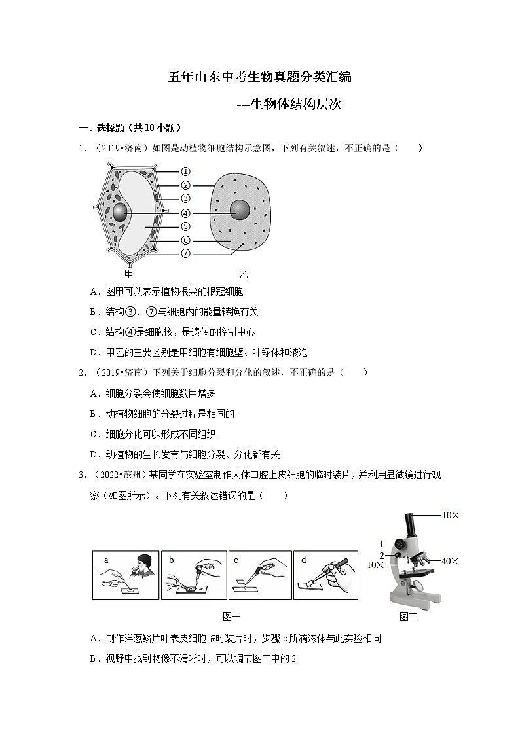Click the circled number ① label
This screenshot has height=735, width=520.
[185, 171]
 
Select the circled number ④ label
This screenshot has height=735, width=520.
[185, 213]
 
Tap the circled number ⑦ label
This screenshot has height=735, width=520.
[185, 253]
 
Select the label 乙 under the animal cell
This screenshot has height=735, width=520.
[243, 274]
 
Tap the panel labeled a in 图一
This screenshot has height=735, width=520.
[126, 574]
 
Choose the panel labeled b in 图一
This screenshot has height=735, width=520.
[193, 574]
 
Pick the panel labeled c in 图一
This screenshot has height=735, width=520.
[259, 574]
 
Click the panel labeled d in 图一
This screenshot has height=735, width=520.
[325, 574]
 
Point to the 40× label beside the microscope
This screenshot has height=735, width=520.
[450, 561]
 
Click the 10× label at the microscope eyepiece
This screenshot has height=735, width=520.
[450, 516]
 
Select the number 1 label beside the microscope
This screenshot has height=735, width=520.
[381, 543]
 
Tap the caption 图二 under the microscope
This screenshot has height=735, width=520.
[408, 617]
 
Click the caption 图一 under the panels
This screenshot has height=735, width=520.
[232, 616]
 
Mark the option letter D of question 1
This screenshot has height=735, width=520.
[93, 352]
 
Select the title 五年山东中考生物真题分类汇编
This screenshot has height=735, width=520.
[260, 77]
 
